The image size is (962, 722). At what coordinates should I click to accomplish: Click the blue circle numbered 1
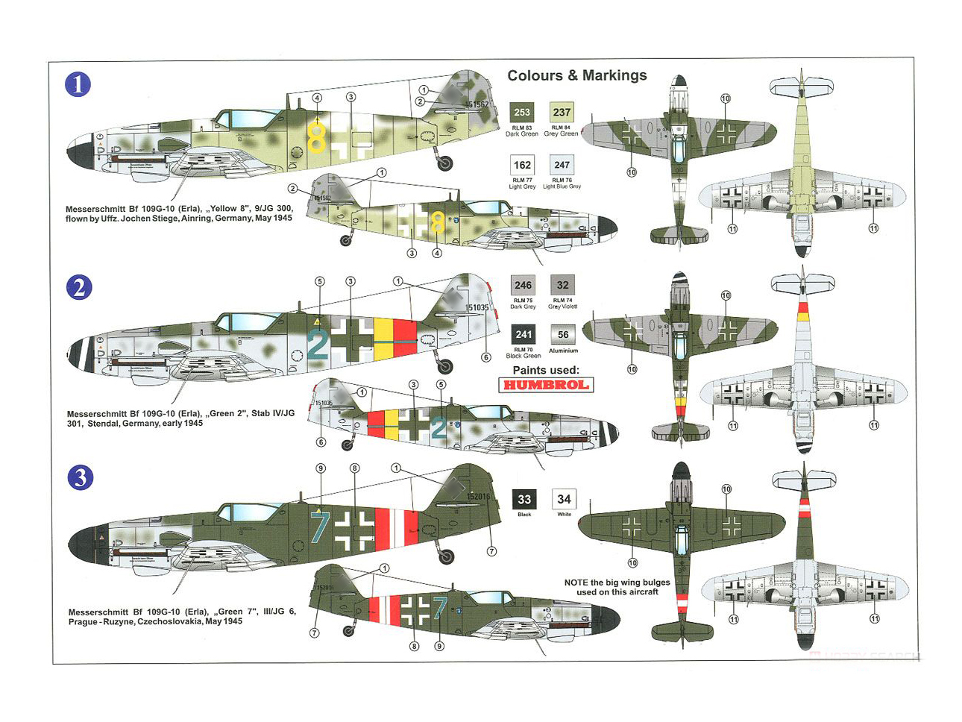(78, 84)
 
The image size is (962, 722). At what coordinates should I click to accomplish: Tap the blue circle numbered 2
(80, 287)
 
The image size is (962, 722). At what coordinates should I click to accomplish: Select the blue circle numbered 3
(80, 477)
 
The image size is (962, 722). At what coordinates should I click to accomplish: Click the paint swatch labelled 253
(522, 113)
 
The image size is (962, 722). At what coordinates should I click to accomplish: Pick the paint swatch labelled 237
(562, 113)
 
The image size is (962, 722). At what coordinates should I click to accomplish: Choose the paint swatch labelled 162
(522, 165)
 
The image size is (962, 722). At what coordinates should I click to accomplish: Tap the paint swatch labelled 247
(562, 165)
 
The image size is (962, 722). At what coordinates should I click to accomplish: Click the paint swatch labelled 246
(523, 285)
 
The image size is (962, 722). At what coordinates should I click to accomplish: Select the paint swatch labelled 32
(562, 285)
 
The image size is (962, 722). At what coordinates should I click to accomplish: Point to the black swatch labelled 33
(524, 500)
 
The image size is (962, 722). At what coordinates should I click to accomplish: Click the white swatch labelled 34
(564, 500)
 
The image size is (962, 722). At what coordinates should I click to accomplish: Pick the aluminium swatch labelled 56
(563, 335)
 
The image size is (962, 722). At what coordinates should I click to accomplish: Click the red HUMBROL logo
(546, 385)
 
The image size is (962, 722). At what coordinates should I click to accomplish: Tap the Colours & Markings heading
(576, 75)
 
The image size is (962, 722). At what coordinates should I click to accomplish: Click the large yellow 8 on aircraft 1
(317, 137)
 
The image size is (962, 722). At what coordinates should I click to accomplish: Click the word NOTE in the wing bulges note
(576, 583)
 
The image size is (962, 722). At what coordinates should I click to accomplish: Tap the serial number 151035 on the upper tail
(477, 307)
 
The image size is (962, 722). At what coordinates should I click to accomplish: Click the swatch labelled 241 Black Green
(523, 335)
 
